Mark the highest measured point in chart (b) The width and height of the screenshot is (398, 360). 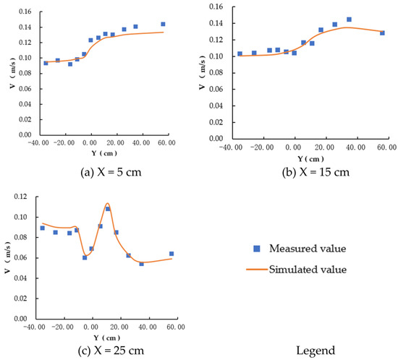(x=349, y=20)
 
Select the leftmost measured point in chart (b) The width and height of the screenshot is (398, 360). (x=240, y=53)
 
